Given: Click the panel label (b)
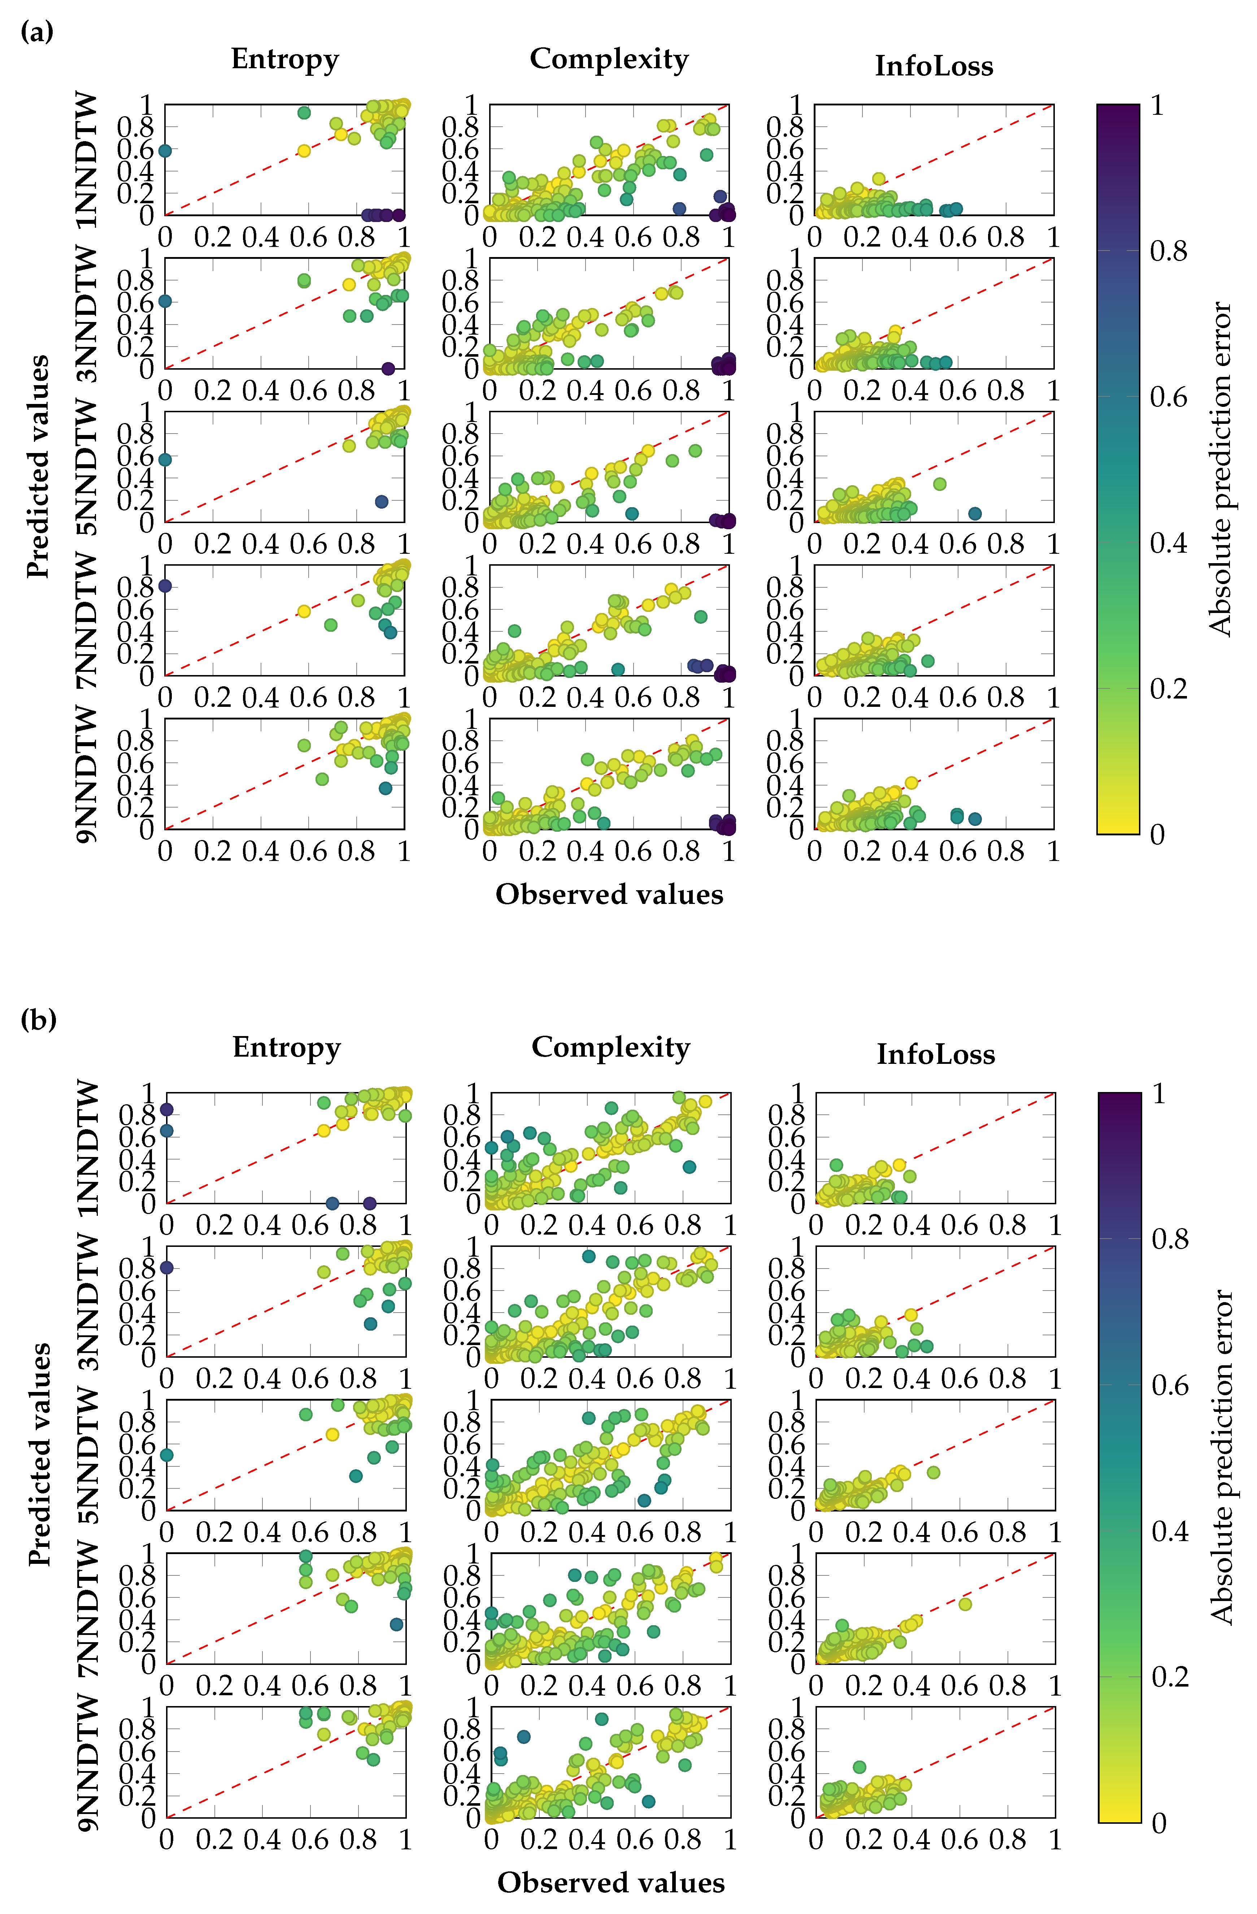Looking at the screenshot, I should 38,1020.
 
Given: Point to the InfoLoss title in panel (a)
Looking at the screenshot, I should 934,66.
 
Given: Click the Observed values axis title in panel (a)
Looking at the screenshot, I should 609,894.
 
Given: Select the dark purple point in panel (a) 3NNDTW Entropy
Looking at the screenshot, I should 388,368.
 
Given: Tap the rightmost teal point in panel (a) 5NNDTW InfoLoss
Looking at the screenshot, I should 975,513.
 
